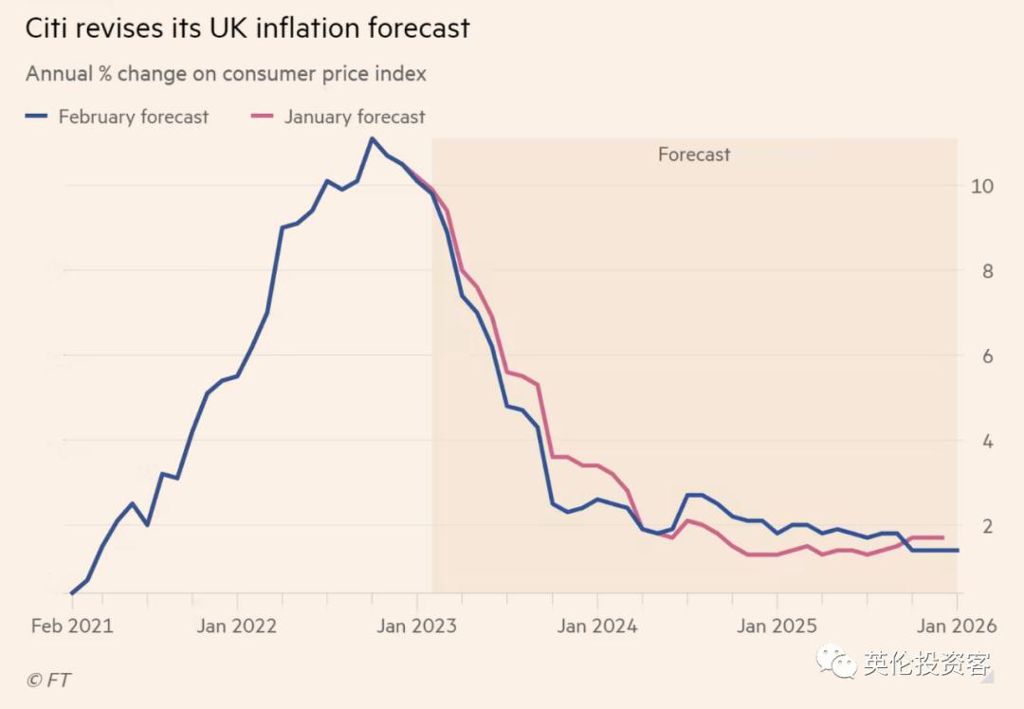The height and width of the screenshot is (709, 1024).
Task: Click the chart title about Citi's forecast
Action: point(247,28)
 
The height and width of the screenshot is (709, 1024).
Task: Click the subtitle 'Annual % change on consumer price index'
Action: point(226,73)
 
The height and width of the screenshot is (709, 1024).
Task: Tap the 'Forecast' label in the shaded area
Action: point(694,155)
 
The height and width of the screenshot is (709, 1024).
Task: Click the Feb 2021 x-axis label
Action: point(72,626)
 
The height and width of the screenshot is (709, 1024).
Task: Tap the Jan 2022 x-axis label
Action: point(237,626)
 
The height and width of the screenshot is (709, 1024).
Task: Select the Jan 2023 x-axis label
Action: point(417,626)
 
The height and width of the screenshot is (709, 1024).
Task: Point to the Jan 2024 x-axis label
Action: point(597,626)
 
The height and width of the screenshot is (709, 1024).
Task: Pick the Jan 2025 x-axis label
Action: point(777,626)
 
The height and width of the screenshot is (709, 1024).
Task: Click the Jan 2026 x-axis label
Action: point(956,626)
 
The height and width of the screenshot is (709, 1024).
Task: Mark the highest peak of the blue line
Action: point(372,138)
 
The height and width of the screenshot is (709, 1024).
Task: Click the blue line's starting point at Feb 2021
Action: point(72,593)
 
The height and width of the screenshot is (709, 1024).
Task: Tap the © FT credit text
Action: point(48,680)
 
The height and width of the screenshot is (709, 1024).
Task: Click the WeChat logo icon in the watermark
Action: point(837,663)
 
